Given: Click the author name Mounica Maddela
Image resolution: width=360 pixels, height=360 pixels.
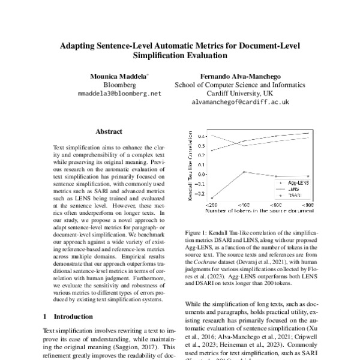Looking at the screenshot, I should pos(120,77).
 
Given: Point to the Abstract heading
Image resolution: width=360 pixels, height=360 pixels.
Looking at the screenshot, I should pos(109,131).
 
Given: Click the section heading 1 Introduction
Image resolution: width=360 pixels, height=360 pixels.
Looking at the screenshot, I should pos(68,316).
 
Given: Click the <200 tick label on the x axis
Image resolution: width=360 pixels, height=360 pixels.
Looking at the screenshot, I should pos(212,205).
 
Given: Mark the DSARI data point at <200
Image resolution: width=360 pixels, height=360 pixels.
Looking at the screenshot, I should pos(212,199).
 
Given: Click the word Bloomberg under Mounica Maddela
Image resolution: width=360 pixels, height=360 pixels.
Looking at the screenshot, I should pos(120,85).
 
